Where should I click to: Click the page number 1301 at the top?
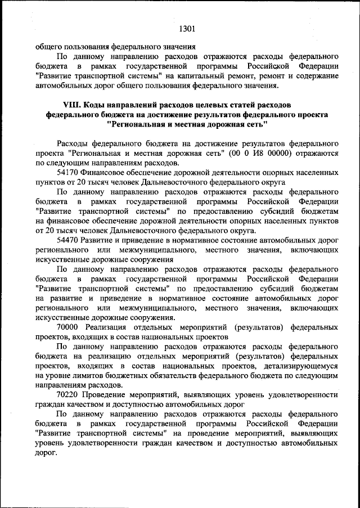[187, 25]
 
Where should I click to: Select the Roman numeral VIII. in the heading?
[73, 105]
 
